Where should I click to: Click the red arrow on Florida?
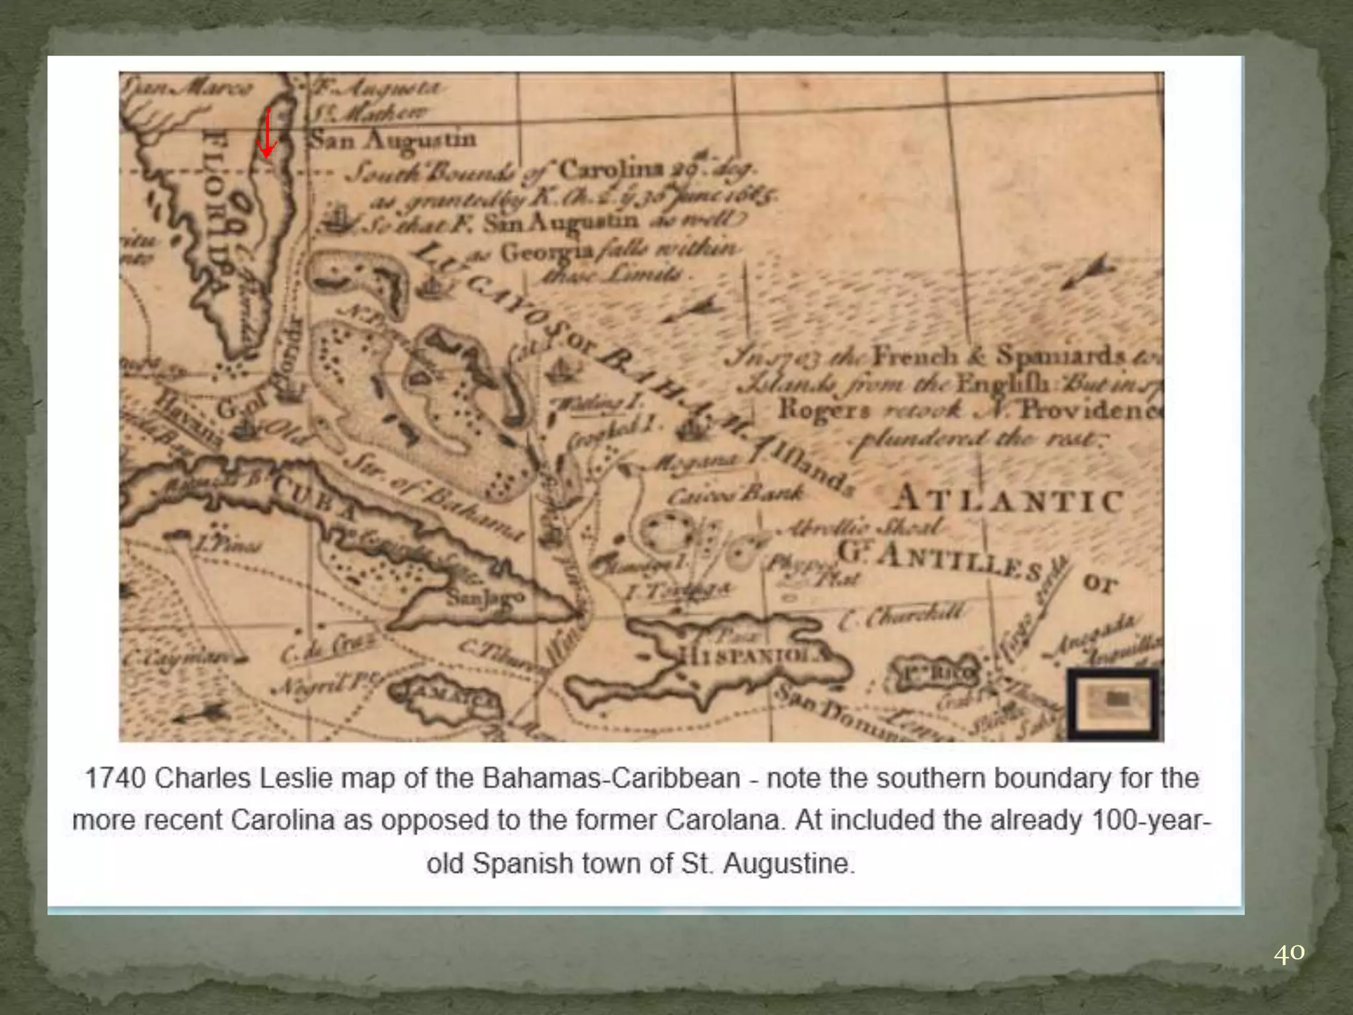click(x=267, y=135)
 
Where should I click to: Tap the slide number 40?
click(x=1288, y=954)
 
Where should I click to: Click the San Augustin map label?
click(x=393, y=140)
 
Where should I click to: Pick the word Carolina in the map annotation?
click(x=612, y=170)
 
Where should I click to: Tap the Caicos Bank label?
click(x=735, y=494)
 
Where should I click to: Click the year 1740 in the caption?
click(x=114, y=778)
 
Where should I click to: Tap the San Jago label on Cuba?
click(x=484, y=597)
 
